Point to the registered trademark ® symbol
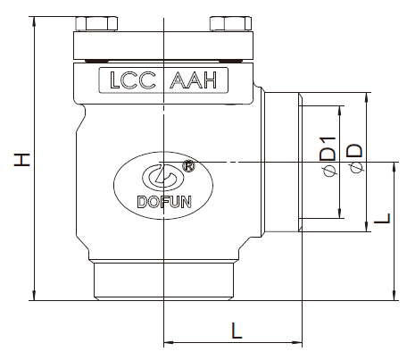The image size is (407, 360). pos(189,166)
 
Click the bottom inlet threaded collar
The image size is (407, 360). pos(165,281)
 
